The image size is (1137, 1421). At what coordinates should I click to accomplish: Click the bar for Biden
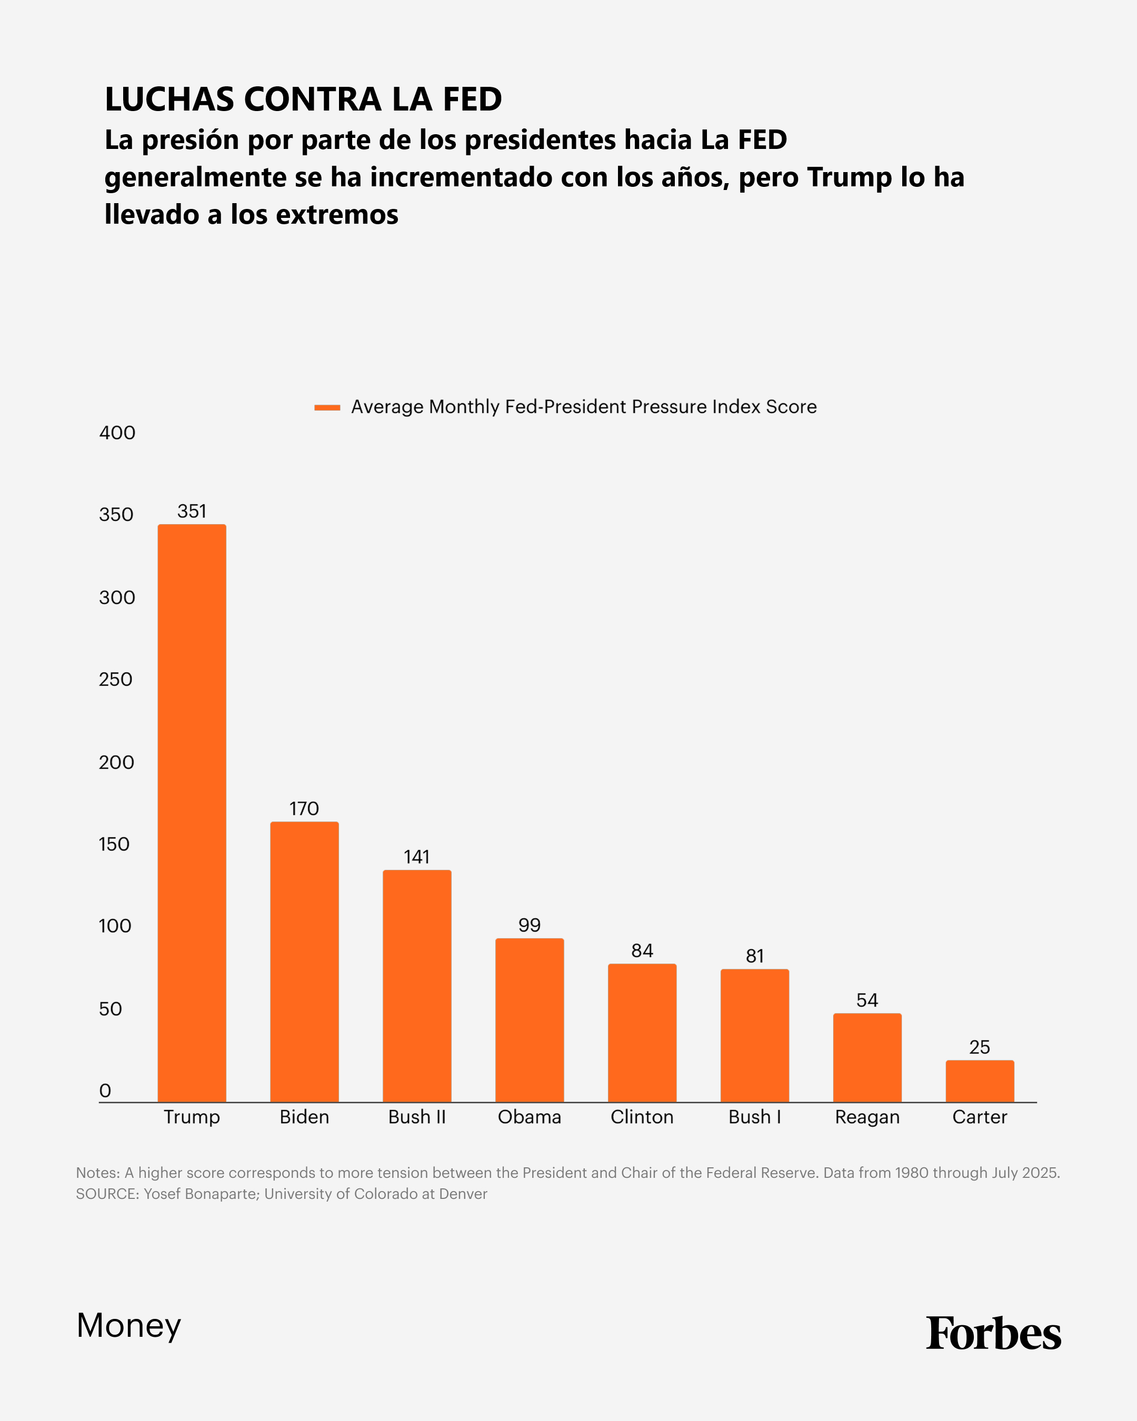305,962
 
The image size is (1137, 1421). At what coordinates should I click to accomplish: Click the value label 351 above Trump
192,512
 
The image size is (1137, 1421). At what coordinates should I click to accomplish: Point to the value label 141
416,857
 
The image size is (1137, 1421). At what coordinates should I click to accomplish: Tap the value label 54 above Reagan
867,1000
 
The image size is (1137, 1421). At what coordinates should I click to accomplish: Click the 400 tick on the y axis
117,433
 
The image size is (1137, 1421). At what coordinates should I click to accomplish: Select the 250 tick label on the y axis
115,679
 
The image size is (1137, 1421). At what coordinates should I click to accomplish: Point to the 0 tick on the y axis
105,1091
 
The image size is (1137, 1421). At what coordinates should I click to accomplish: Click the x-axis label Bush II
416,1117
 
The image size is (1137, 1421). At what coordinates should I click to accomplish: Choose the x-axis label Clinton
642,1117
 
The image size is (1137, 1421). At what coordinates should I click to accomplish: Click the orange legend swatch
327,407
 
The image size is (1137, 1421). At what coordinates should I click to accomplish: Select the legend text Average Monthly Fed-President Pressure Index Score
583,407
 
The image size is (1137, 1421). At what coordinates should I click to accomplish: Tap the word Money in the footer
128,1325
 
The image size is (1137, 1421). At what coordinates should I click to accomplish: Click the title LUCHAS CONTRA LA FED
303,99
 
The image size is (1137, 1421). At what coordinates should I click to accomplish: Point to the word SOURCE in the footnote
107,1194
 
